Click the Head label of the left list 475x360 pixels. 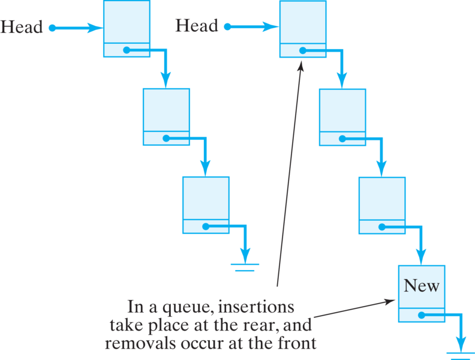pyautogui.click(x=22, y=28)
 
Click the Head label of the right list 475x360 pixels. pyautogui.click(x=196, y=26)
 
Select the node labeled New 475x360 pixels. pyautogui.click(x=421, y=293)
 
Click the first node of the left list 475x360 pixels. pyautogui.click(x=127, y=29)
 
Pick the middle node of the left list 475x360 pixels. pyautogui.click(x=166, y=116)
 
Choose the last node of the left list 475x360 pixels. pyautogui.click(x=206, y=205)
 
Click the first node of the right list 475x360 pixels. pyautogui.click(x=303, y=29)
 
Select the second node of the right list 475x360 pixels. pyautogui.click(x=342, y=116)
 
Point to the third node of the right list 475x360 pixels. pyautogui.click(x=382, y=205)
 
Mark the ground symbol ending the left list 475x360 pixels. pyautogui.click(x=245, y=267)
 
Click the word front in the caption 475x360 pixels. pyautogui.click(x=295, y=344)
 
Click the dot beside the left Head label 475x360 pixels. pyautogui.click(x=52, y=28)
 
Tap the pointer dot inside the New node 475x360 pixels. pyautogui.click(x=422, y=314)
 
